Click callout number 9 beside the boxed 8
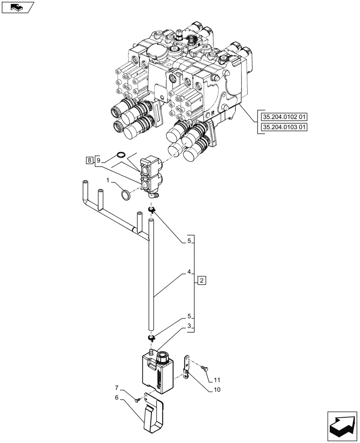point(98,160)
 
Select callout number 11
point(216,380)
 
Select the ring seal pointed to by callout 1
point(125,194)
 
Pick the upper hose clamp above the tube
point(151,209)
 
